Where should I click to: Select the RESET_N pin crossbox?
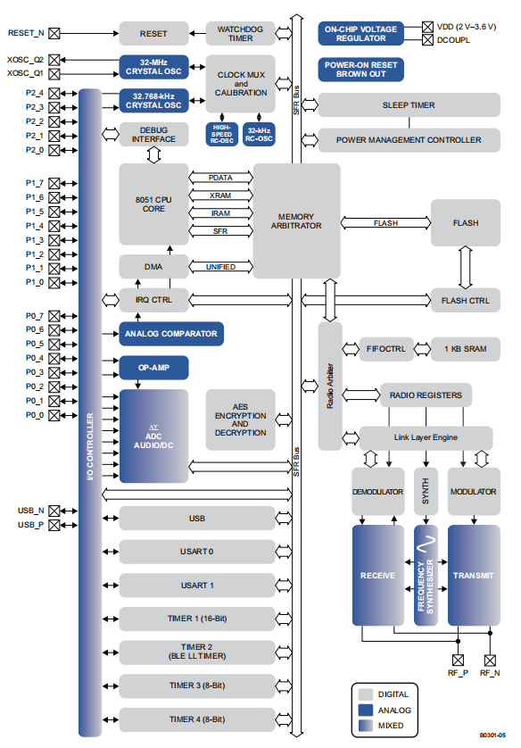(54, 33)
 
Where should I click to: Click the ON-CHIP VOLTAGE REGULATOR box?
(361, 33)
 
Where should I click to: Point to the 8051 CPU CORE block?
(153, 203)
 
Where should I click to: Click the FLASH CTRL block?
(465, 300)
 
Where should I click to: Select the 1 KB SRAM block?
(465, 348)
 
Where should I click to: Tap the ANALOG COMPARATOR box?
(170, 334)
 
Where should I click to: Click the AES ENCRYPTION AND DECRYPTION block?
(240, 420)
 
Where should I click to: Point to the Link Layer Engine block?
(426, 437)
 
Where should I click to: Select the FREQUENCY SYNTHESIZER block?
(426, 575)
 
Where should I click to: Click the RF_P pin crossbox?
(459, 660)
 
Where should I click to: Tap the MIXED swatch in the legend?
(366, 726)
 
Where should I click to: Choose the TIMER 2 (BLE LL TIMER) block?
(197, 651)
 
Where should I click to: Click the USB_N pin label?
(30, 511)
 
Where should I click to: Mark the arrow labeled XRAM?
(220, 195)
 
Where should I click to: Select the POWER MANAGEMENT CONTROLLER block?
(408, 139)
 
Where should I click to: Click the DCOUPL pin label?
(455, 39)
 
